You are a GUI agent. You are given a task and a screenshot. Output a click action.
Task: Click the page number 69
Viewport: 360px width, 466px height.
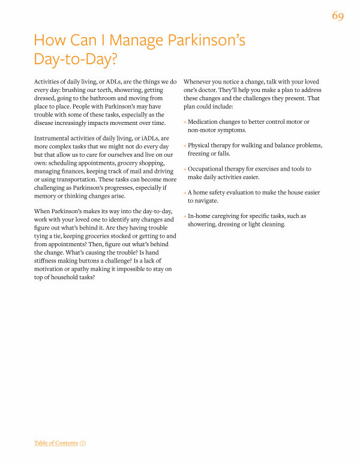coord(337,16)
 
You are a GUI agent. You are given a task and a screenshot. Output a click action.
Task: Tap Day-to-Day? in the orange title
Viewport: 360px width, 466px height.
coord(75,61)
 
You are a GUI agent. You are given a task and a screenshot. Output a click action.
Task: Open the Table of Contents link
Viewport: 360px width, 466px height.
coord(56,443)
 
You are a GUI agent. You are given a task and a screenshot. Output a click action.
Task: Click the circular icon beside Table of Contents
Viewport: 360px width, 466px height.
coord(83,443)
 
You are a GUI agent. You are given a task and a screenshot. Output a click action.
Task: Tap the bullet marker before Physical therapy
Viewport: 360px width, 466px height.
coord(185,146)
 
